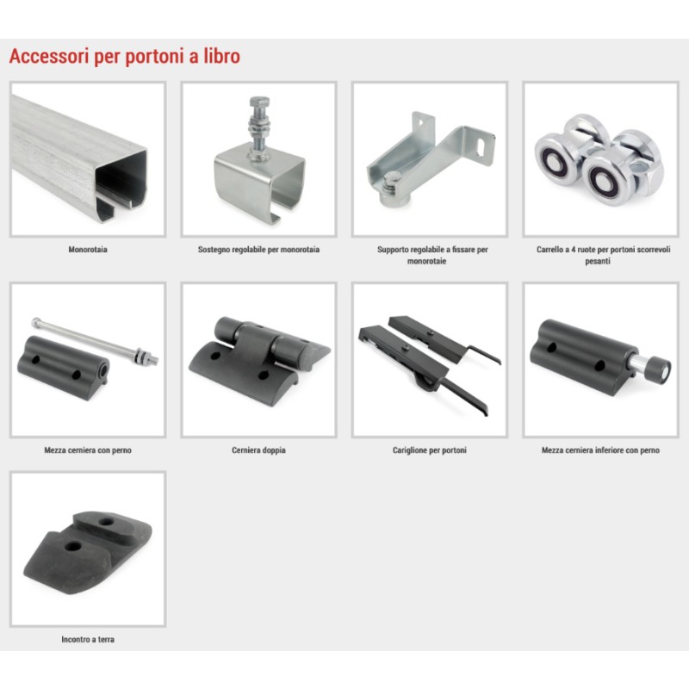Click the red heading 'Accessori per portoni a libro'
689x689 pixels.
pyautogui.click(x=125, y=56)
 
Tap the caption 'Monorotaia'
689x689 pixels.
pyautogui.click(x=88, y=249)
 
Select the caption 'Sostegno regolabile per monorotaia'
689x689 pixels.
pyautogui.click(x=258, y=249)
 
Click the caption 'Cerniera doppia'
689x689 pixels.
pyautogui.click(x=258, y=450)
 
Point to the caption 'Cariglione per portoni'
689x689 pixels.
pyautogui.click(x=429, y=450)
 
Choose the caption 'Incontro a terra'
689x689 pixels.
pyautogui.click(x=88, y=639)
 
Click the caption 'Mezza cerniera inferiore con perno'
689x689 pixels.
pyautogui.click(x=600, y=450)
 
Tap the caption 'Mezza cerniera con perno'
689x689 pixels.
pyautogui.click(x=88, y=450)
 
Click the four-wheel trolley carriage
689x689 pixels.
pyautogui.click(x=599, y=159)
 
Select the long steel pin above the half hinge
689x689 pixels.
pyautogui.click(x=96, y=342)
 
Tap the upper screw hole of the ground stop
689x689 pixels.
pyautogui.click(x=106, y=522)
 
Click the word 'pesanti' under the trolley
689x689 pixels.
pyautogui.click(x=598, y=261)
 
